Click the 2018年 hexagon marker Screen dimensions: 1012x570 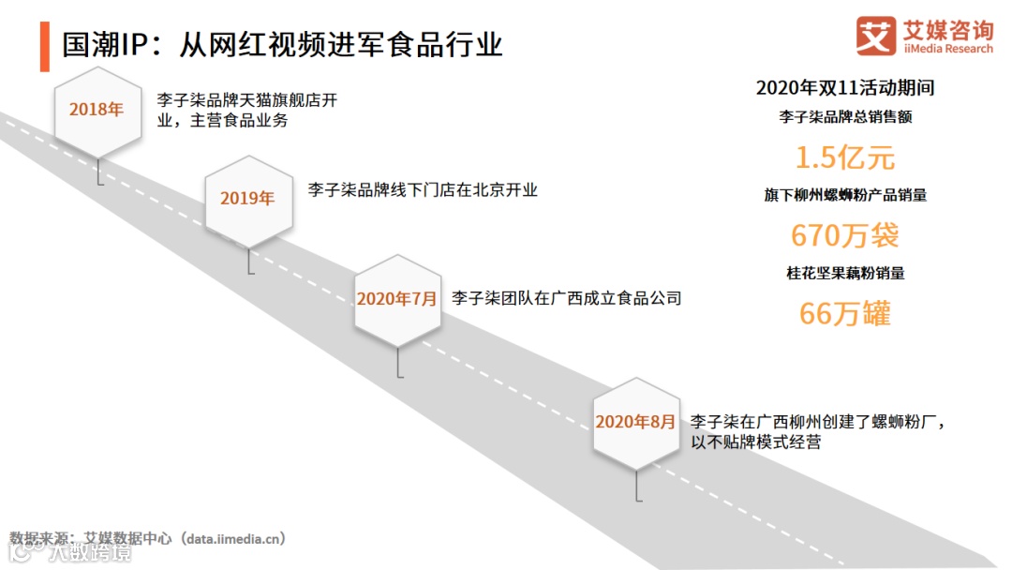pos(97,110)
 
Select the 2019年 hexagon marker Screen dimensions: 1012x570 pos(248,199)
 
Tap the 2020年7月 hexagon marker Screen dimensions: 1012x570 pos(397,299)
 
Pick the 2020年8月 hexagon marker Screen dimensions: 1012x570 pos(636,422)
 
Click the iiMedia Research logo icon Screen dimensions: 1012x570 pos(876,37)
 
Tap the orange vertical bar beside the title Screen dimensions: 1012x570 pos(44,44)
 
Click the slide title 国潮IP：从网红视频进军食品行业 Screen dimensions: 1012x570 pos(282,44)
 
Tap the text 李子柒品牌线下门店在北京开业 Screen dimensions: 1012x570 pos(423,189)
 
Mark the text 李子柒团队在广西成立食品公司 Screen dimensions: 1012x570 pos(566,298)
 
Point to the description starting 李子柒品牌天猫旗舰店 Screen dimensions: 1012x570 pos(246,110)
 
